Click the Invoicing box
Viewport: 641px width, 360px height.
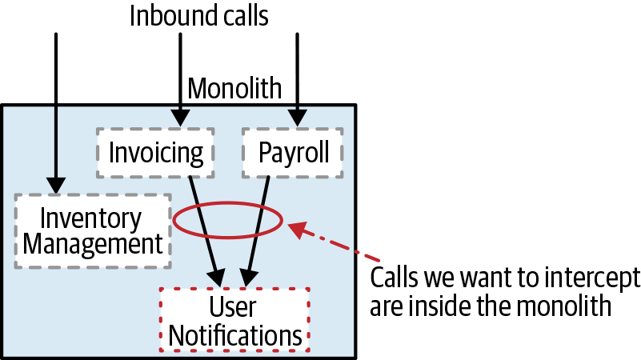[155, 152]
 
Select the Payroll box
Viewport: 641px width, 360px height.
[293, 152]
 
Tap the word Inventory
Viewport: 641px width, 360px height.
[90, 218]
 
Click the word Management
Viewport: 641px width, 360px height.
[93, 243]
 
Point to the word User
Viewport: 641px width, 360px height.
[233, 308]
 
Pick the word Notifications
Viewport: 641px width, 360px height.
[235, 335]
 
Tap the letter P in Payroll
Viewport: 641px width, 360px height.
[265, 152]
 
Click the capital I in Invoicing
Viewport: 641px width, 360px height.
[113, 152]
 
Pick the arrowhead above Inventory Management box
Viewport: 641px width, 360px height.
[55, 185]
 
